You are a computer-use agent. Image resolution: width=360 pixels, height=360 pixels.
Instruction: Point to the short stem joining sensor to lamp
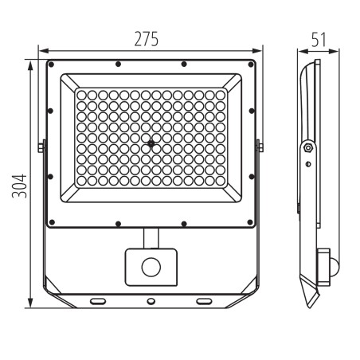[x=151, y=238]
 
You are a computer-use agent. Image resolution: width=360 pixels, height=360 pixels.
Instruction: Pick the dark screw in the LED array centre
[x=151, y=143]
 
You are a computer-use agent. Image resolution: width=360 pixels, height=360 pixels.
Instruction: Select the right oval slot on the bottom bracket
[x=204, y=300]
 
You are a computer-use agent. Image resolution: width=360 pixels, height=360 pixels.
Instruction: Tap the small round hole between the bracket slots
[x=151, y=302]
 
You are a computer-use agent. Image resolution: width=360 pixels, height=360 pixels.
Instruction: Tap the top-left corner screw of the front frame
[x=51, y=65]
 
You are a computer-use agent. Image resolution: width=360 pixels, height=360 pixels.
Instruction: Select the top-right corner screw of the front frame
[x=250, y=65]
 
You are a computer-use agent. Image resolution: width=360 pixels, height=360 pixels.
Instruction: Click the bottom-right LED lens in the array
[x=220, y=190]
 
